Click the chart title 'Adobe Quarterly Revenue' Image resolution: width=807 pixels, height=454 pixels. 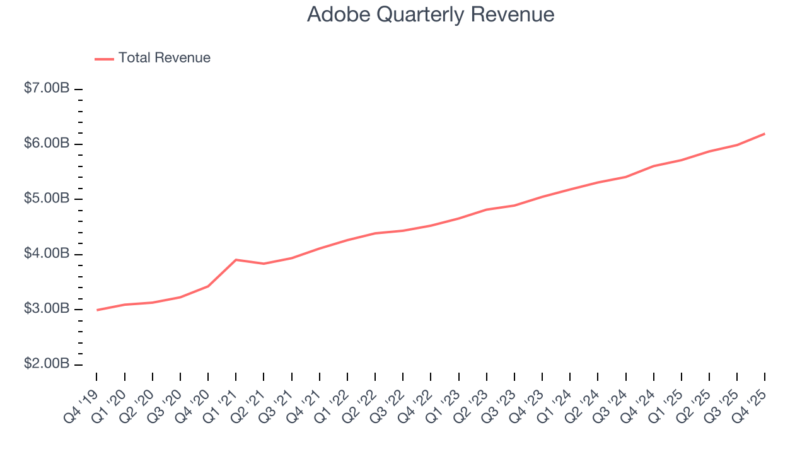click(x=431, y=15)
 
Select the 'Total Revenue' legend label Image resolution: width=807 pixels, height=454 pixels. click(x=164, y=58)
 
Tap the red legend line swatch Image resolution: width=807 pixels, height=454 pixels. click(x=104, y=59)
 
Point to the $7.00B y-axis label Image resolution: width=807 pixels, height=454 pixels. click(x=47, y=89)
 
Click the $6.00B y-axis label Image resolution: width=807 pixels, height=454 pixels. click(x=47, y=144)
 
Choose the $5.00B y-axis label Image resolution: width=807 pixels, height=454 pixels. click(x=47, y=199)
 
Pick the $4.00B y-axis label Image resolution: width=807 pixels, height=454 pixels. click(x=47, y=254)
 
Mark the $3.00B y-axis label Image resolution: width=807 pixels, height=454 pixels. click(x=47, y=310)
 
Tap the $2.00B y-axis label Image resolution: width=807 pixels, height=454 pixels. click(x=47, y=364)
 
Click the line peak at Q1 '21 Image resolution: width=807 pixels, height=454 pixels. click(x=235, y=260)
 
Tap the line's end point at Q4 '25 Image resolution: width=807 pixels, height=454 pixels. click(x=764, y=134)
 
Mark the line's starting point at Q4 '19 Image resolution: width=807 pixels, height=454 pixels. click(x=97, y=310)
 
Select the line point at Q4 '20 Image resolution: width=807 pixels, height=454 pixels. click(x=208, y=286)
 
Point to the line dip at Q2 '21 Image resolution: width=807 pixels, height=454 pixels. click(x=264, y=264)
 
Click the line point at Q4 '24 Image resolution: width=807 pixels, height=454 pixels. click(x=653, y=166)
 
